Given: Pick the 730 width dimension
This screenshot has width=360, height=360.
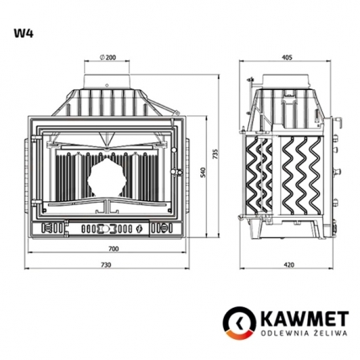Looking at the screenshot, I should pyautogui.click(x=106, y=265).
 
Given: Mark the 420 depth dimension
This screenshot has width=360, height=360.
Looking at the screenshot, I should pyautogui.click(x=289, y=265).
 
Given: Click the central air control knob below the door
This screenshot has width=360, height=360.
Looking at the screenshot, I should pyautogui.click(x=107, y=227).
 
